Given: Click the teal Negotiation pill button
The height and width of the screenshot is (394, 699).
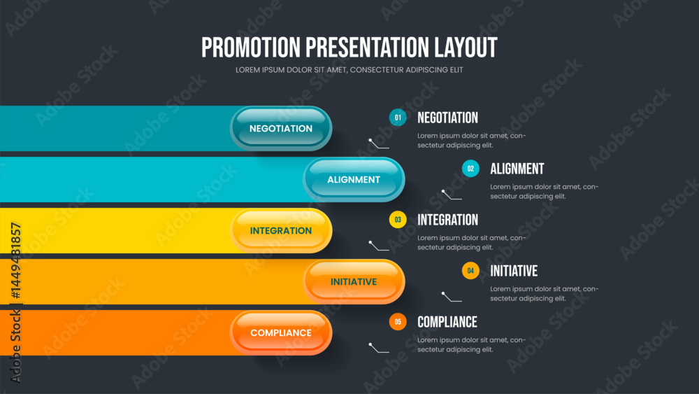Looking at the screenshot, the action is pos(281,129).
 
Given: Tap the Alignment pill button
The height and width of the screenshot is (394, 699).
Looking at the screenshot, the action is pos(354,179).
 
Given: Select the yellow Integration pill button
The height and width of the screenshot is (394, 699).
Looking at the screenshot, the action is pos(281,231).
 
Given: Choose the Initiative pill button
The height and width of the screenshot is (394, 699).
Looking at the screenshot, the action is pos(354,281).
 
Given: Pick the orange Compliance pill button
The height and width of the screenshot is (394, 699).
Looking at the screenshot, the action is pos(281,333).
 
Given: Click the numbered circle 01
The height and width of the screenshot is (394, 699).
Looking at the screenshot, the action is pos(398,118).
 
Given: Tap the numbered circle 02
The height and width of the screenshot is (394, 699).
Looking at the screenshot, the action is pos(470,169).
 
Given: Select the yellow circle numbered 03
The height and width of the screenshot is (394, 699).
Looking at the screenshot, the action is pos(398,220).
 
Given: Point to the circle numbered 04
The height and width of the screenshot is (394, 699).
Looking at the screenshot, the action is pos(470,271).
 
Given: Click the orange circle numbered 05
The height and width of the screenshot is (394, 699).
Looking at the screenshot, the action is pos(398,322).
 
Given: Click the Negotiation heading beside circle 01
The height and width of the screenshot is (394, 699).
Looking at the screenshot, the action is pos(447,118).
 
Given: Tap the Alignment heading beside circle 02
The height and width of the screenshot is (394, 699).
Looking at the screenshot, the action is pos(517,169).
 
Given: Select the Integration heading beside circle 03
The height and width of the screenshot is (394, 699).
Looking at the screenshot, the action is pos(447,220).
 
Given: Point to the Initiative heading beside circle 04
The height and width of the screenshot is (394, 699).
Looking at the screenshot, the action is pos(514,271).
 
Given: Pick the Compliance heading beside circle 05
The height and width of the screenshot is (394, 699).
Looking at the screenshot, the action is pos(447,322).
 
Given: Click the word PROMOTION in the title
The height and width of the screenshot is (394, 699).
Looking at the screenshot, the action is pos(251,48).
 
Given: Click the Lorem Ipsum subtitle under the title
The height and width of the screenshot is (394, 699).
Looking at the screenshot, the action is pos(349,70).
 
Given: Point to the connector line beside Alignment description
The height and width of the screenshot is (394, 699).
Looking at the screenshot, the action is pos(451,195).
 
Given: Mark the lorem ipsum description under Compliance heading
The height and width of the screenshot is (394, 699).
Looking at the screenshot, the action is pos(472,344).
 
